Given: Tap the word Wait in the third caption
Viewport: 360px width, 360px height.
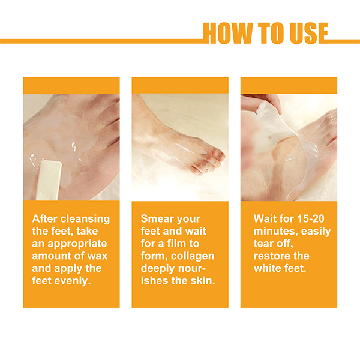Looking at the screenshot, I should point(265,218).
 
